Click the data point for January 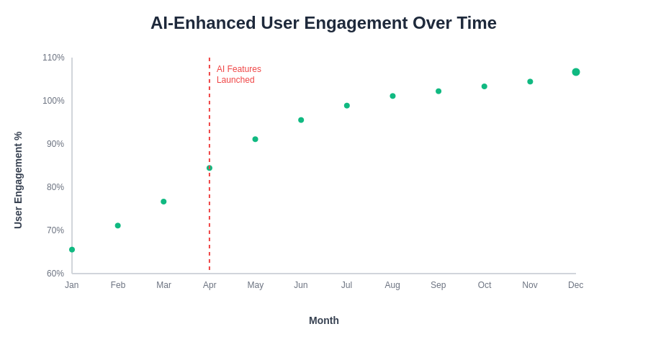click(72, 250)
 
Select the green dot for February click(118, 225)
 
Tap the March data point click(163, 202)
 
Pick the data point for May click(255, 139)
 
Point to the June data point click(301, 120)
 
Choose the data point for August click(392, 96)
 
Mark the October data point click(485, 86)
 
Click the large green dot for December click(576, 72)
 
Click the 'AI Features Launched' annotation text click(238, 74)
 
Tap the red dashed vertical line click(210, 216)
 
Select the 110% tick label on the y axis click(53, 58)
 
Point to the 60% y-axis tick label click(55, 274)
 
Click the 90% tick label click(55, 144)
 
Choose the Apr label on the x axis click(210, 285)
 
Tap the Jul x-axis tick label click(346, 285)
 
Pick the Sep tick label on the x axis click(438, 285)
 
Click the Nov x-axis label click(530, 285)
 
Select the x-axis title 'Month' click(324, 320)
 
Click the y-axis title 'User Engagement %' click(18, 180)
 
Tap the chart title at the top click(323, 23)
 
